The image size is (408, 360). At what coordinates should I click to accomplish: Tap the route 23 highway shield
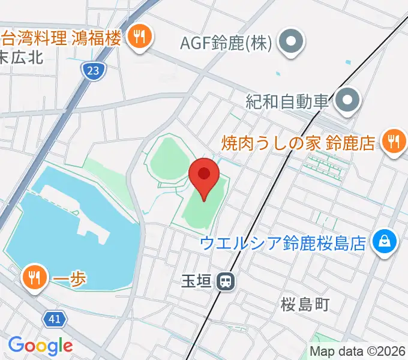click(x=92, y=71)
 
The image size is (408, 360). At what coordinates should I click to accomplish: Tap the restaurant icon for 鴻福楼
click(x=140, y=37)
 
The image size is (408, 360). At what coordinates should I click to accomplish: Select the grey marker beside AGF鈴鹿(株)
click(x=292, y=43)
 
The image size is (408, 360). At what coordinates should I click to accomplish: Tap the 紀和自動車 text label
click(x=287, y=100)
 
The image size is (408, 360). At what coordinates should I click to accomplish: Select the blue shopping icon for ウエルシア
click(x=382, y=242)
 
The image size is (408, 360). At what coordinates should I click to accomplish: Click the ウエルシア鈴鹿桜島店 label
click(x=283, y=243)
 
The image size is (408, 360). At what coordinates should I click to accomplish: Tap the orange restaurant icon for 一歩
click(x=35, y=277)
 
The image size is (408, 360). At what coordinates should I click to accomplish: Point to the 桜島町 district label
click(x=305, y=305)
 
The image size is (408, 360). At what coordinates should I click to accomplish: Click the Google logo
click(x=40, y=345)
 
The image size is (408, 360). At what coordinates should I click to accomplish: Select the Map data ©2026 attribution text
click(x=358, y=352)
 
